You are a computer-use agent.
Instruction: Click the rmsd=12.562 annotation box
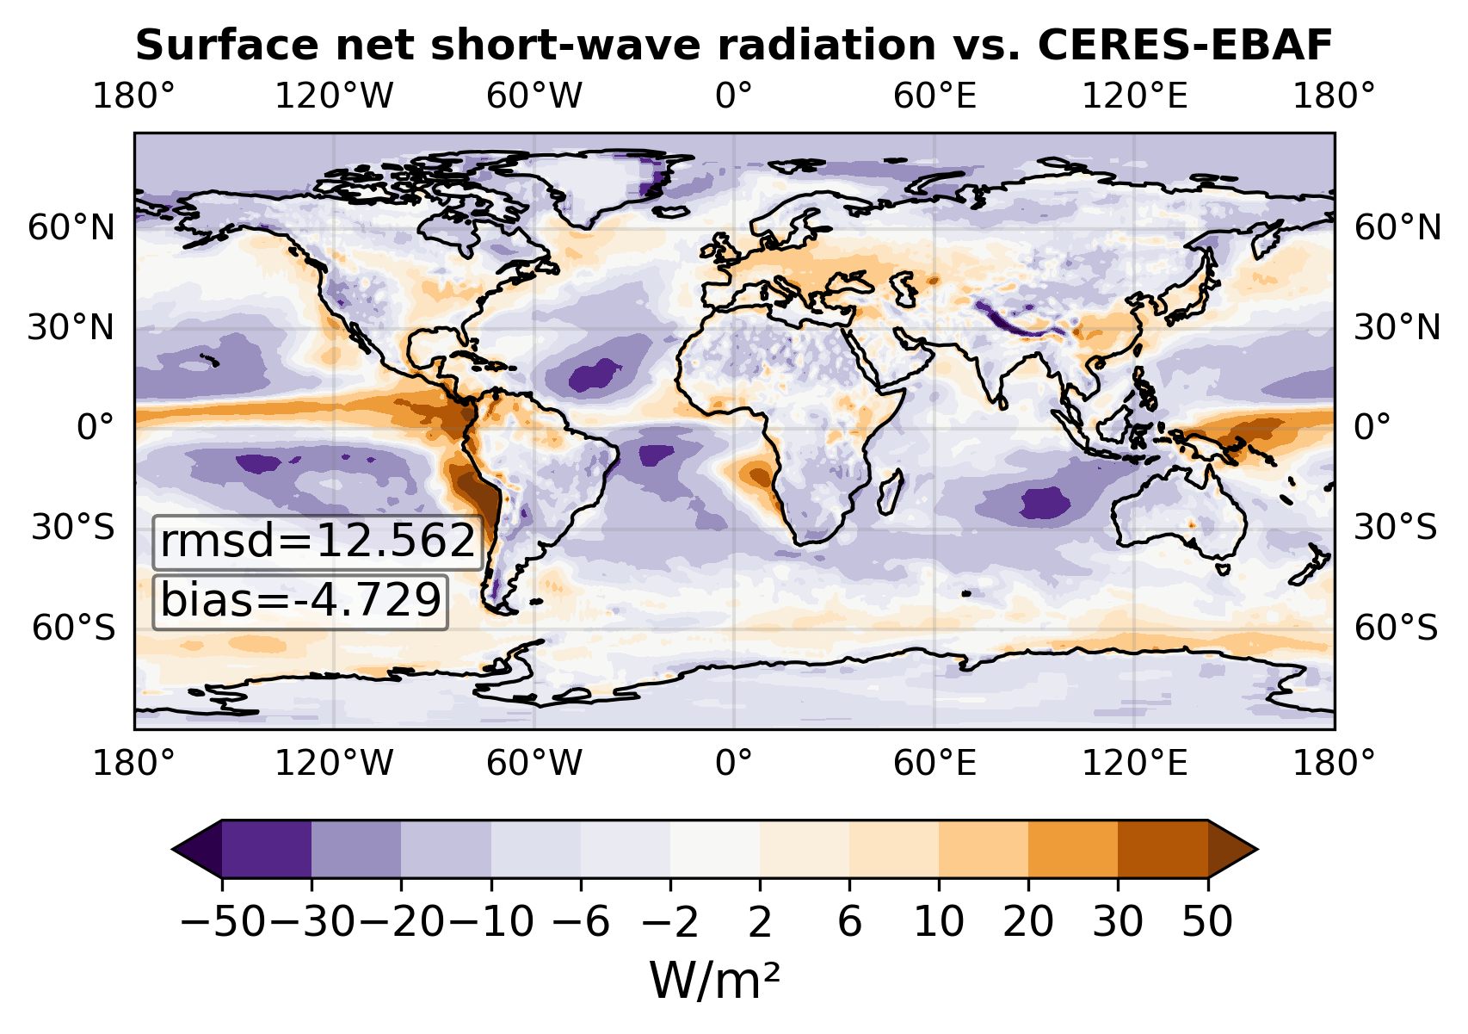[318, 542]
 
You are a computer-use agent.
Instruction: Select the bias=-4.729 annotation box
[300, 602]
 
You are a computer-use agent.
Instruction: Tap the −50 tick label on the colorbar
[223, 922]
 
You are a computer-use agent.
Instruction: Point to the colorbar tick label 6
[849, 922]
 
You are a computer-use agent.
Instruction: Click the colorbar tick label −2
[669, 922]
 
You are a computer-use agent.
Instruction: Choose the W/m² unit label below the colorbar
[714, 981]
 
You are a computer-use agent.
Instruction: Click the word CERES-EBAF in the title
[1185, 46]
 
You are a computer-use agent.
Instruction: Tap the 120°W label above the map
[334, 96]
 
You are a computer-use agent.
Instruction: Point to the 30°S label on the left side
[73, 527]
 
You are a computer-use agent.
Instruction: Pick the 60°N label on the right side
[1397, 228]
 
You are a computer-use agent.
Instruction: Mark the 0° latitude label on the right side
[1372, 427]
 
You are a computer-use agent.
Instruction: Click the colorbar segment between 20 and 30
[1073, 849]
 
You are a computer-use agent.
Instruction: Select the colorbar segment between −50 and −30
[267, 849]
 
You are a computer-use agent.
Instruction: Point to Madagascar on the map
[891, 492]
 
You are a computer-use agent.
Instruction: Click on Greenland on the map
[606, 187]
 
